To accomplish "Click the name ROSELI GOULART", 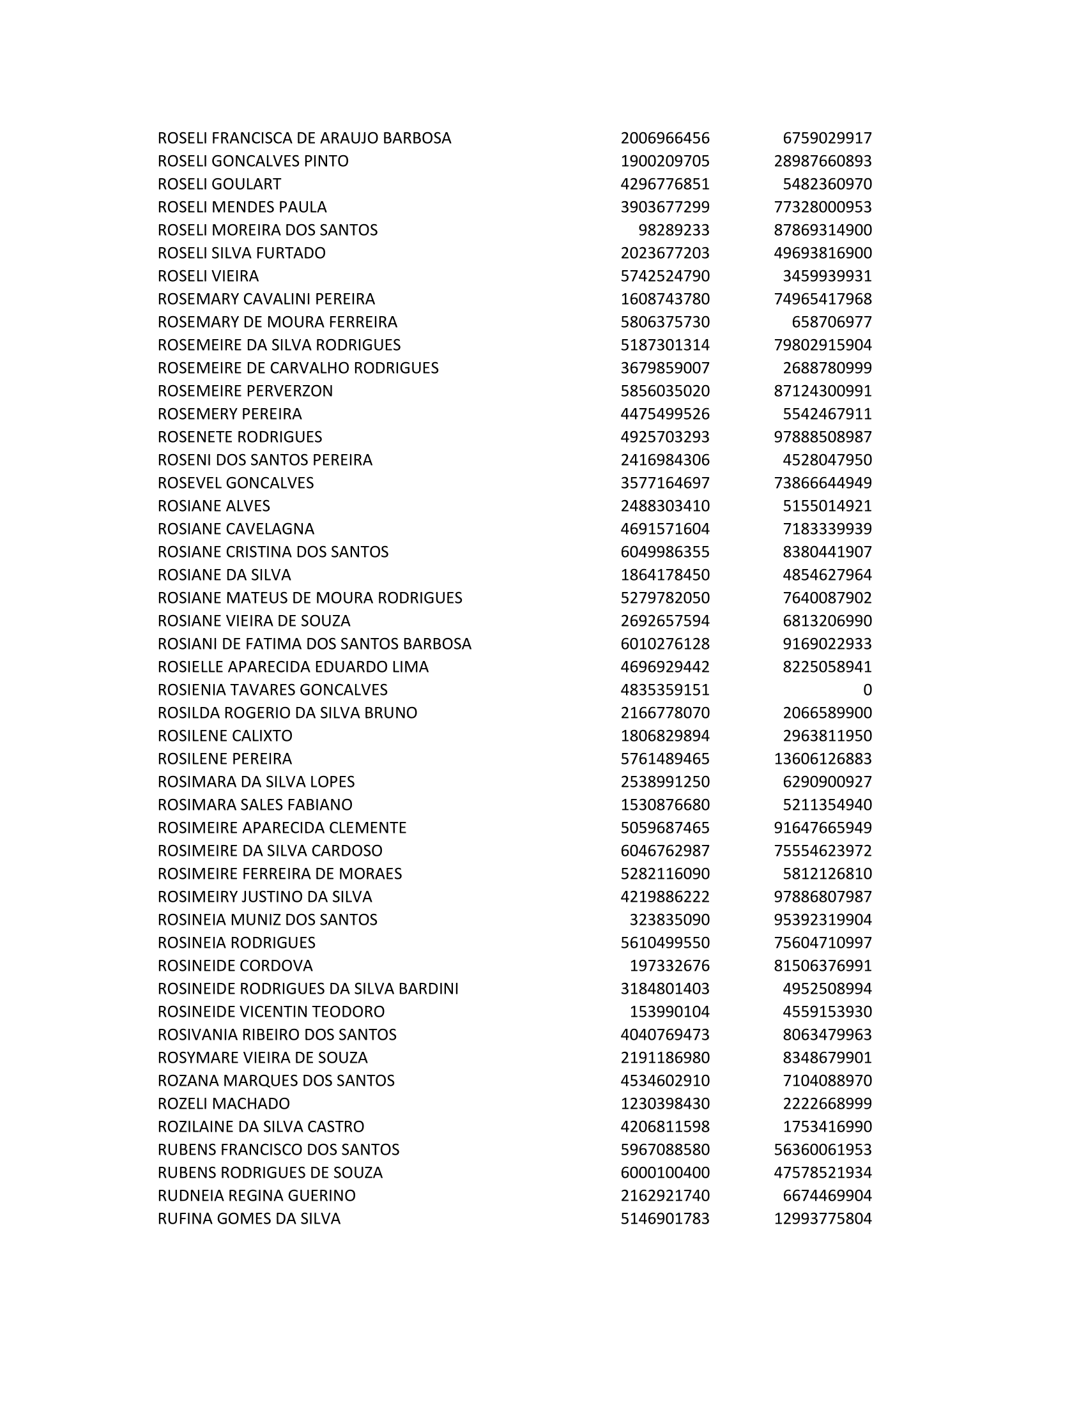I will [x=219, y=184].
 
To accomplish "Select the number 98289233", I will [x=673, y=231].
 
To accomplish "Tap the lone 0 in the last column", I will [x=867, y=690].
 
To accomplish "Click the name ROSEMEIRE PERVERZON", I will [x=245, y=391].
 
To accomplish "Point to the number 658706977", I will [x=831, y=322].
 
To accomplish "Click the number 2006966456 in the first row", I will [x=664, y=139].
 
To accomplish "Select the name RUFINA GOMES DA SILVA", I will [x=249, y=1219].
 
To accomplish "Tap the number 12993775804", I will [x=822, y=1219].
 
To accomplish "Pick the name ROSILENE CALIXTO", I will [x=224, y=735].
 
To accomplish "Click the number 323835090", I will [x=669, y=919].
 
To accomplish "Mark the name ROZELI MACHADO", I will [x=223, y=1104].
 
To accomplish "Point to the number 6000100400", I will [x=664, y=1172].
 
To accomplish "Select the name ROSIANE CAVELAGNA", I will [x=236, y=529].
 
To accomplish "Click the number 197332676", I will [x=669, y=966].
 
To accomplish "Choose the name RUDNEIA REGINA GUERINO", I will [x=256, y=1196].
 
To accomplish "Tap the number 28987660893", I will [x=822, y=161].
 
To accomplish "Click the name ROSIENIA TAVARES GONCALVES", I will [x=272, y=690].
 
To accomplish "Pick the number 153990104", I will [x=669, y=1012].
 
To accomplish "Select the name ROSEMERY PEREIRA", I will [x=230, y=414].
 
